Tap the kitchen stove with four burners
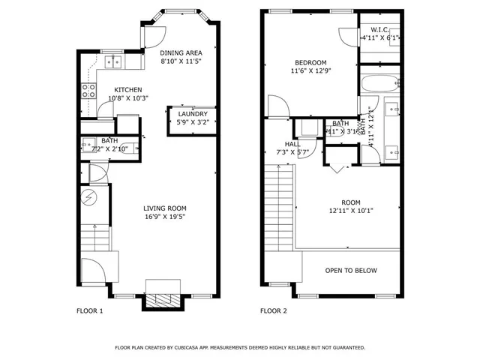point(88,91)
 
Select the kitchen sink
point(113,61)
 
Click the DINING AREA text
point(180,53)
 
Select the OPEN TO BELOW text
point(350,271)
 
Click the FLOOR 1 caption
point(90,310)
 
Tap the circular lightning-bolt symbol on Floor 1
point(88,198)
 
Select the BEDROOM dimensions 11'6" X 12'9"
point(310,71)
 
